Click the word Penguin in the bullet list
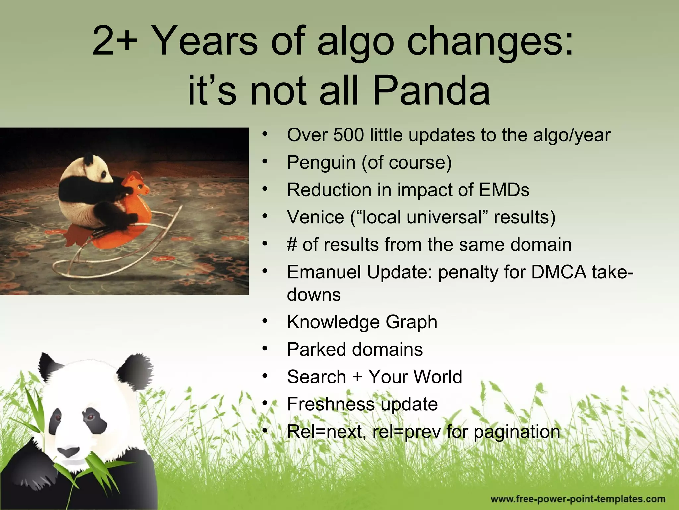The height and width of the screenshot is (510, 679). coord(321,163)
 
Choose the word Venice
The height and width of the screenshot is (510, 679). coord(315,217)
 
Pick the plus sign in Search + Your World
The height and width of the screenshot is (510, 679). coord(357,377)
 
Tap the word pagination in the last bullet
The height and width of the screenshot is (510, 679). coord(517,432)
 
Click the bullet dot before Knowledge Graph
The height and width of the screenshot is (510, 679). coord(264,321)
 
